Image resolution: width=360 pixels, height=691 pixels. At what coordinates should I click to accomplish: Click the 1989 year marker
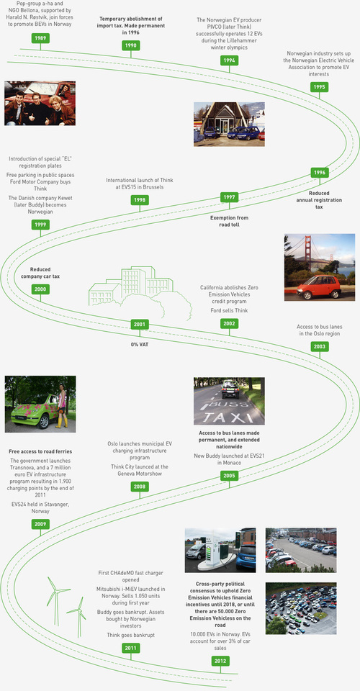pos(40,38)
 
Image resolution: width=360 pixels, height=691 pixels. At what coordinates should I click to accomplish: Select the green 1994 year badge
pos(229,60)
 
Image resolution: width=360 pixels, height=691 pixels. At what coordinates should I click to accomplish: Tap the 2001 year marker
pos(140,325)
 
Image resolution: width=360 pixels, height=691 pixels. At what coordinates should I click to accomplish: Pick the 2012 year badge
pos(220,661)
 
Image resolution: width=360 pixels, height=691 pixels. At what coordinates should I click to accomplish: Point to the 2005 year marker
pos(229,476)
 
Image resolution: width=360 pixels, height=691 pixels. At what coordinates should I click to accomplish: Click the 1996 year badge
pos(320,173)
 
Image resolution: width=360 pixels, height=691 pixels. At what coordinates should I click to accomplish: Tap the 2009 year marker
pos(40,524)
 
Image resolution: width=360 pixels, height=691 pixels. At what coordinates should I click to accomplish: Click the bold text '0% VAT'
pos(140,344)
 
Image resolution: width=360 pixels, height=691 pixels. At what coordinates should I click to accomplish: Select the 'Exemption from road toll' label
pos(229,221)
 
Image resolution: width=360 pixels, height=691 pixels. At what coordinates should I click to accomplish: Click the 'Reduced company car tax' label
pos(40,273)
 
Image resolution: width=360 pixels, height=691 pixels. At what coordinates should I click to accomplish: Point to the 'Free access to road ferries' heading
pos(40,452)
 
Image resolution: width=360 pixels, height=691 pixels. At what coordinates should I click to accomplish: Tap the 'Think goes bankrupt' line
pos(130,635)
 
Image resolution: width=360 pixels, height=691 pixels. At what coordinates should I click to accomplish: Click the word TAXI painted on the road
pos(228,417)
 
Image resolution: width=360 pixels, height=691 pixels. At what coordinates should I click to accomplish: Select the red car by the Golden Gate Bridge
pos(319,287)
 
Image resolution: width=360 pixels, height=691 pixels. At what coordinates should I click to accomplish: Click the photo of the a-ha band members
pos(40,103)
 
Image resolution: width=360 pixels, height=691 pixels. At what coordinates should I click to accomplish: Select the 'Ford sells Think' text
pos(229,310)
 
